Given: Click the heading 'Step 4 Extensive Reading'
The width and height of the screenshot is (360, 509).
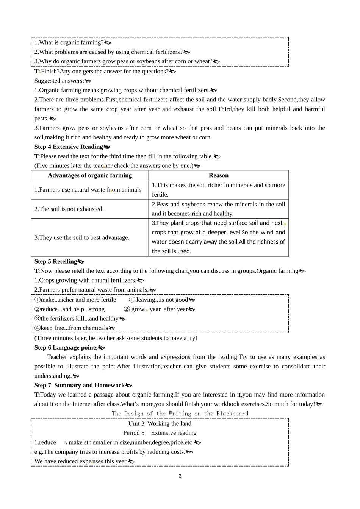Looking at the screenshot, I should pyautogui.click(x=69, y=147).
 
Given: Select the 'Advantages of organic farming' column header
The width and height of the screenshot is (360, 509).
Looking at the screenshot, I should pyautogui.click(x=90, y=175).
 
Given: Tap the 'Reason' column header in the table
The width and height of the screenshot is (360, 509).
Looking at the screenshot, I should pyautogui.click(x=218, y=175).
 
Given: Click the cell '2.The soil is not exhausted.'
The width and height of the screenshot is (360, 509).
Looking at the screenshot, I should pyautogui.click(x=69, y=209).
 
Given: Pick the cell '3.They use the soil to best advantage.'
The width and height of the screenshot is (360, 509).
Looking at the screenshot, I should pyautogui.click(x=82, y=238).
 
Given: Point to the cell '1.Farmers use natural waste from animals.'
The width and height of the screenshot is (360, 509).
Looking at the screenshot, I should pyautogui.click(x=89, y=190).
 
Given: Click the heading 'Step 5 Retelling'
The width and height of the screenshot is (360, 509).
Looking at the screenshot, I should pyautogui.click(x=56, y=262).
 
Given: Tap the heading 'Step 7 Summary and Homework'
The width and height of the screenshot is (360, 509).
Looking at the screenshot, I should pyautogui.click(x=80, y=386).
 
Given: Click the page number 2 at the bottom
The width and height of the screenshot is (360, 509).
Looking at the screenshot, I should pyautogui.click(x=180, y=476).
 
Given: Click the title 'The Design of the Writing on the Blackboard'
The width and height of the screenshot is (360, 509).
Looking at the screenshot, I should pyautogui.click(x=180, y=414).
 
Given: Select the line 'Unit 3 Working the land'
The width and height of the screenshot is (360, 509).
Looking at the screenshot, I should pyautogui.click(x=160, y=424).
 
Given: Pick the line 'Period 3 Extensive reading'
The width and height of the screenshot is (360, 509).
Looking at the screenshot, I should pyautogui.click(x=160, y=433).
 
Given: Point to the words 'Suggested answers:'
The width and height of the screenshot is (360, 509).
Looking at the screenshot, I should pyautogui.click(x=59, y=81).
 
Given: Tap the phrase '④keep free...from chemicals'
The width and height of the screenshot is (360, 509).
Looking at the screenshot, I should pyautogui.click(x=72, y=328).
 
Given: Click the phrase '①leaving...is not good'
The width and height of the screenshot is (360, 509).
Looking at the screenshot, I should pyautogui.click(x=159, y=300).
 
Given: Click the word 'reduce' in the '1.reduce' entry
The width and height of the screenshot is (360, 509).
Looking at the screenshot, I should pyautogui.click(x=47, y=443).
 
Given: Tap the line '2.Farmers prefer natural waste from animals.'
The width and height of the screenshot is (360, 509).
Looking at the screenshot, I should pyautogui.click(x=91, y=290).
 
